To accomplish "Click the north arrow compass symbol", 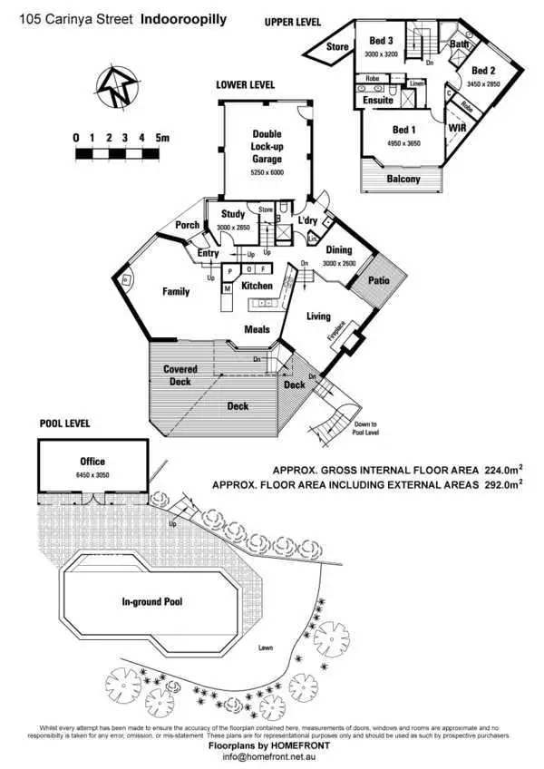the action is coord(116,87).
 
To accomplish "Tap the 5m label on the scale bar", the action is coord(163,138).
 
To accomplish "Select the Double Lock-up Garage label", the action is coord(267,147).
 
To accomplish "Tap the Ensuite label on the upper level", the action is coord(376,101).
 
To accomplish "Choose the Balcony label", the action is coord(403,179).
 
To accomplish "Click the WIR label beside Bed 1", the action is coord(456,129).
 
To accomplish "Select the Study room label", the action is coord(233,215).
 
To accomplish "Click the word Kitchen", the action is coord(257,286).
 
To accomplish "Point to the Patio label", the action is coord(378,281).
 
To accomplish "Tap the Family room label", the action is coord(176,292).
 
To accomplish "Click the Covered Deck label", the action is coord(181,375).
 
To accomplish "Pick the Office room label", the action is coord(92,462).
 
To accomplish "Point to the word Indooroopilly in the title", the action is coord(184,16).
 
